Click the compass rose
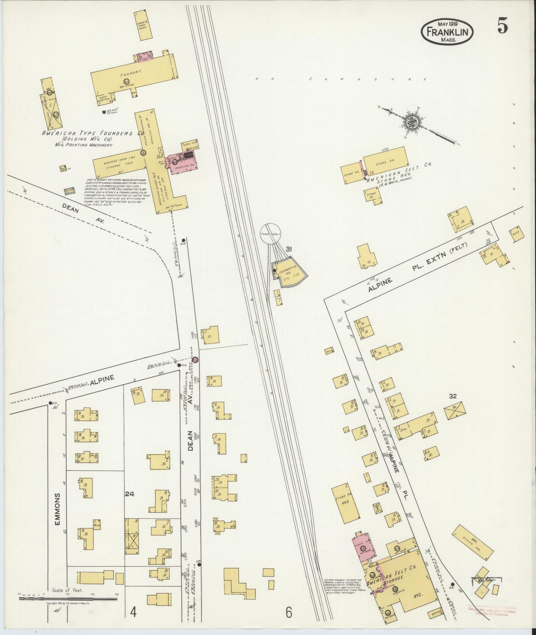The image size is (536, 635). tap(413, 123)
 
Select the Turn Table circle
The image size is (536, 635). tap(270, 234)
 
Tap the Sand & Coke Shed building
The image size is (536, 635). tap(143, 25)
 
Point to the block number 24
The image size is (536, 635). tap(129, 493)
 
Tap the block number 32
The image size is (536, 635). tap(453, 396)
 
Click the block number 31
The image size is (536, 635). tap(288, 249)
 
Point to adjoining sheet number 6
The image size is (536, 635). tap(289, 613)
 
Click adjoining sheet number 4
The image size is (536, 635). tap(132, 612)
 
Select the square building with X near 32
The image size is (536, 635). tap(455, 411)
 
